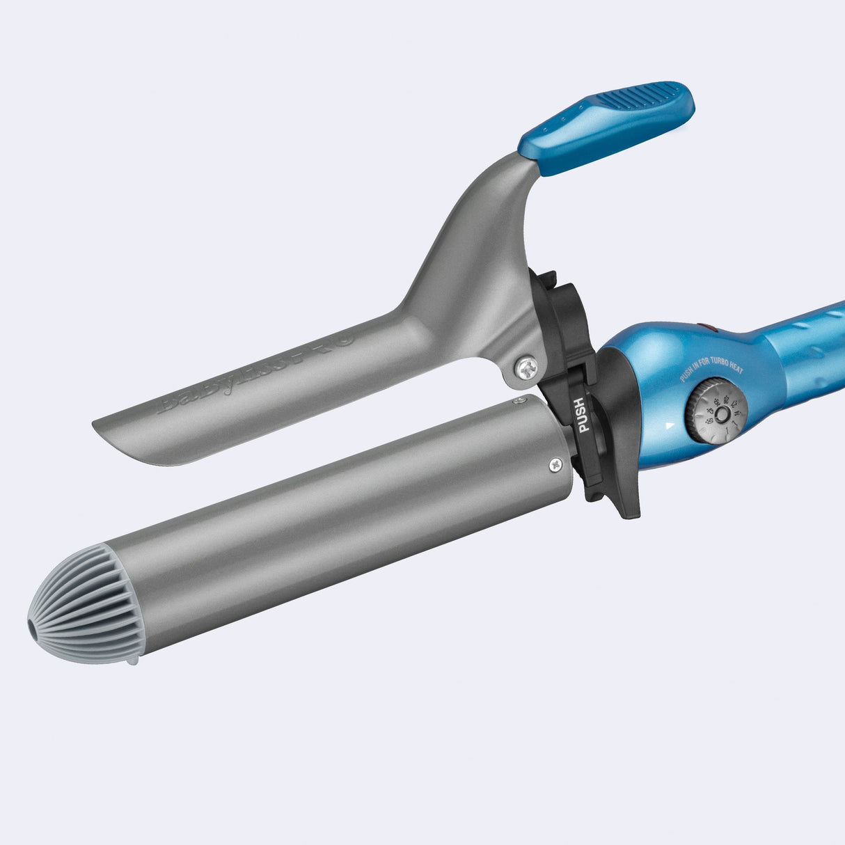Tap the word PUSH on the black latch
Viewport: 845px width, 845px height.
pos(581,415)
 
